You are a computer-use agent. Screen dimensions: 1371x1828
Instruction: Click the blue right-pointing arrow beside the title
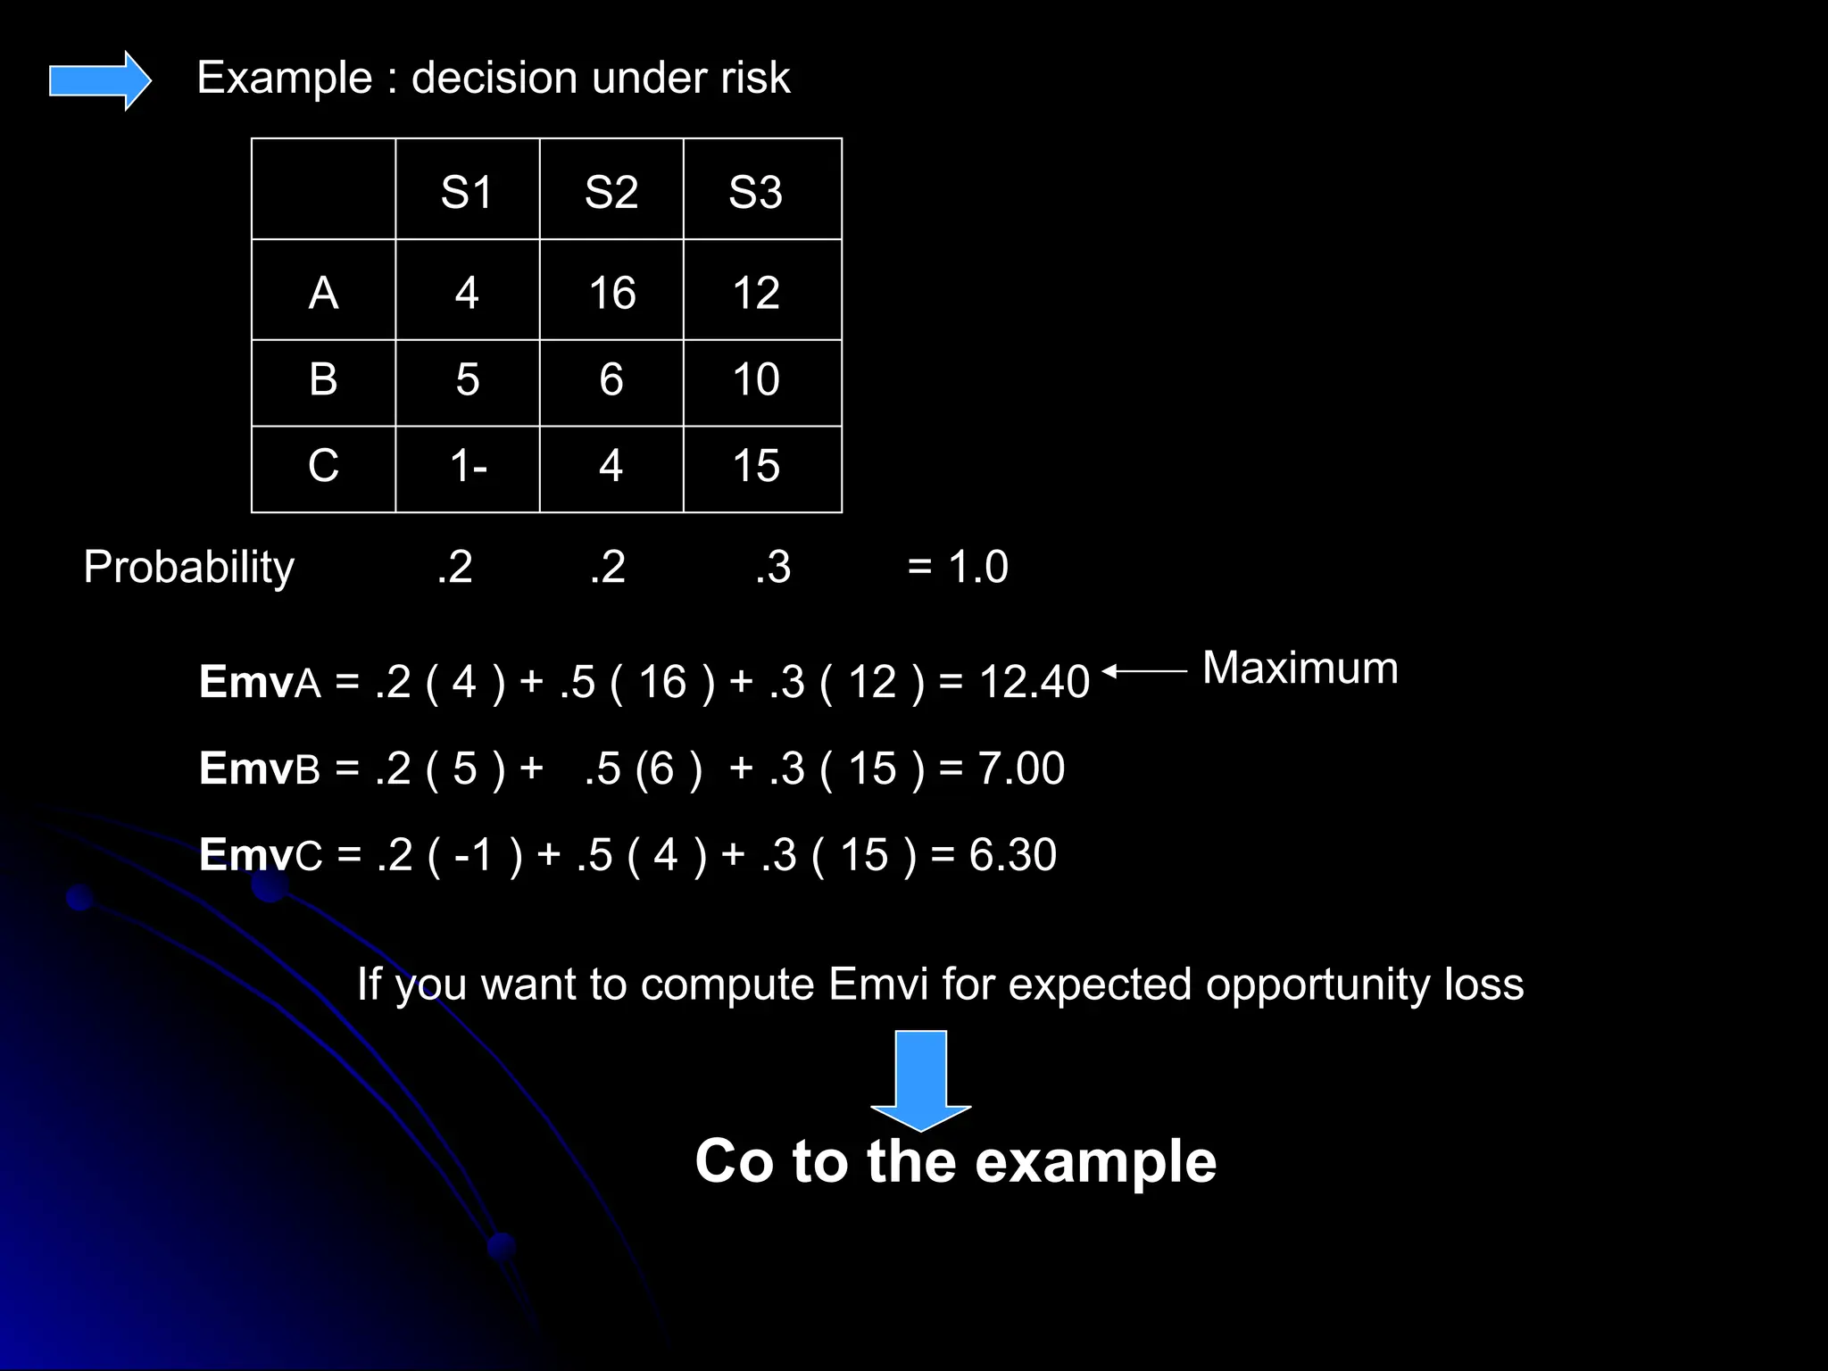(99, 80)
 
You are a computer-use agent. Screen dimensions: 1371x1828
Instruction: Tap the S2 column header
(611, 192)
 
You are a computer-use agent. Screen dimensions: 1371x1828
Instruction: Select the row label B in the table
(323, 379)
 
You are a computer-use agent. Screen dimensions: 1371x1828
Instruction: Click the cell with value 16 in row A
(612, 293)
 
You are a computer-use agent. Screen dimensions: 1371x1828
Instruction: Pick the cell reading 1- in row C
(468, 466)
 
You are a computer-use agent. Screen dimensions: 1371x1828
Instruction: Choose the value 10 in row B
(756, 379)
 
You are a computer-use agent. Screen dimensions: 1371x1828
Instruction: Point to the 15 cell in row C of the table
(756, 466)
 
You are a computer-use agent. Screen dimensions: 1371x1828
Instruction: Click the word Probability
(188, 568)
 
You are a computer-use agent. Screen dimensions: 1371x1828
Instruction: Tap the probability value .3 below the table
(773, 568)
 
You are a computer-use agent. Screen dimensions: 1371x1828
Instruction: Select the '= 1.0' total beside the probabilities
(958, 568)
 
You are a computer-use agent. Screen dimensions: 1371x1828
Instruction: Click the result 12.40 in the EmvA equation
(1034, 682)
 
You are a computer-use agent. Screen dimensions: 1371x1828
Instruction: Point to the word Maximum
(1300, 668)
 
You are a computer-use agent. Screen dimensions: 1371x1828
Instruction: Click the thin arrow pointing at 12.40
(1145, 670)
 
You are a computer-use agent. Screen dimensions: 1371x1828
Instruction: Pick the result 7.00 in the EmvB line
(1021, 769)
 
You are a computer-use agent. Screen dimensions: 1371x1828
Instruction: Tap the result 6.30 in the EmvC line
(1013, 855)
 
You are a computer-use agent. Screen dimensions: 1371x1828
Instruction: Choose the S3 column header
(756, 192)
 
